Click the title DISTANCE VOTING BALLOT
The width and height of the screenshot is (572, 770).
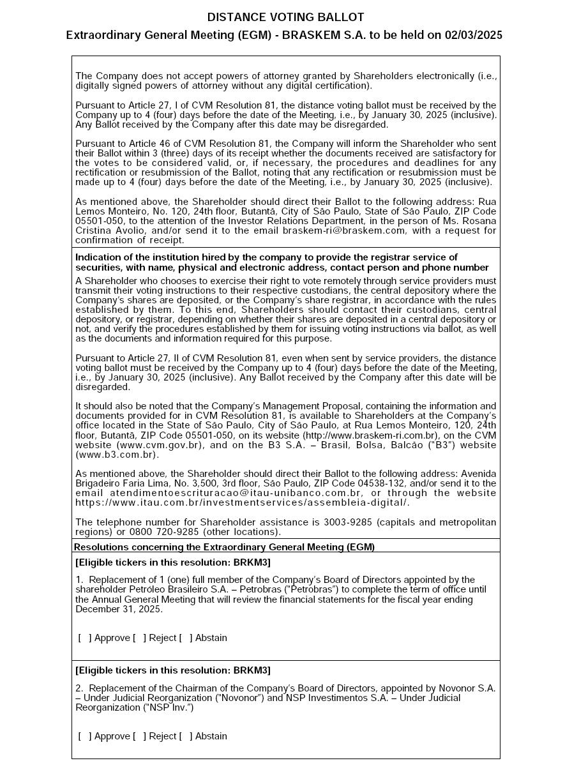point(285,17)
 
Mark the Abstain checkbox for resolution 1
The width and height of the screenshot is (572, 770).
point(186,638)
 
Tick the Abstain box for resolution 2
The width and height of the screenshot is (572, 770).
point(186,736)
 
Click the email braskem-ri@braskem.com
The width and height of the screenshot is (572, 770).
point(343,230)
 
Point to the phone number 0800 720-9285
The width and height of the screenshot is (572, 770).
point(160,532)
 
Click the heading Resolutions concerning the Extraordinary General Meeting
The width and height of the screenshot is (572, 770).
point(224,547)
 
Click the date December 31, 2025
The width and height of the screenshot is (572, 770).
point(119,609)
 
